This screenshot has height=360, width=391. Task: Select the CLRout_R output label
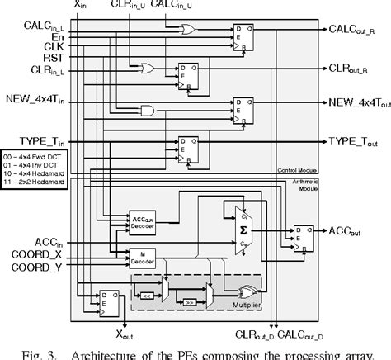click(x=352, y=69)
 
